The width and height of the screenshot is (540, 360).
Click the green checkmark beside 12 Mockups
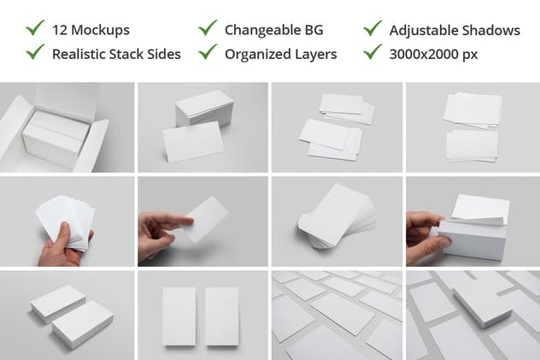point(35,28)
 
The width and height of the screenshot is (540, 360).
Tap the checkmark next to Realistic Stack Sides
point(35,52)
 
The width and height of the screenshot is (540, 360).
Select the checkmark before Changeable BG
point(208,28)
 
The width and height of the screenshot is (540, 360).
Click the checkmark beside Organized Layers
point(208,52)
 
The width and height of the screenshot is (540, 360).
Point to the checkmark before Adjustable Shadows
point(373,28)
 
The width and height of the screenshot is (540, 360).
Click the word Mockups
point(100,30)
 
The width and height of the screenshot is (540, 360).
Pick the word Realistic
point(82,54)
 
